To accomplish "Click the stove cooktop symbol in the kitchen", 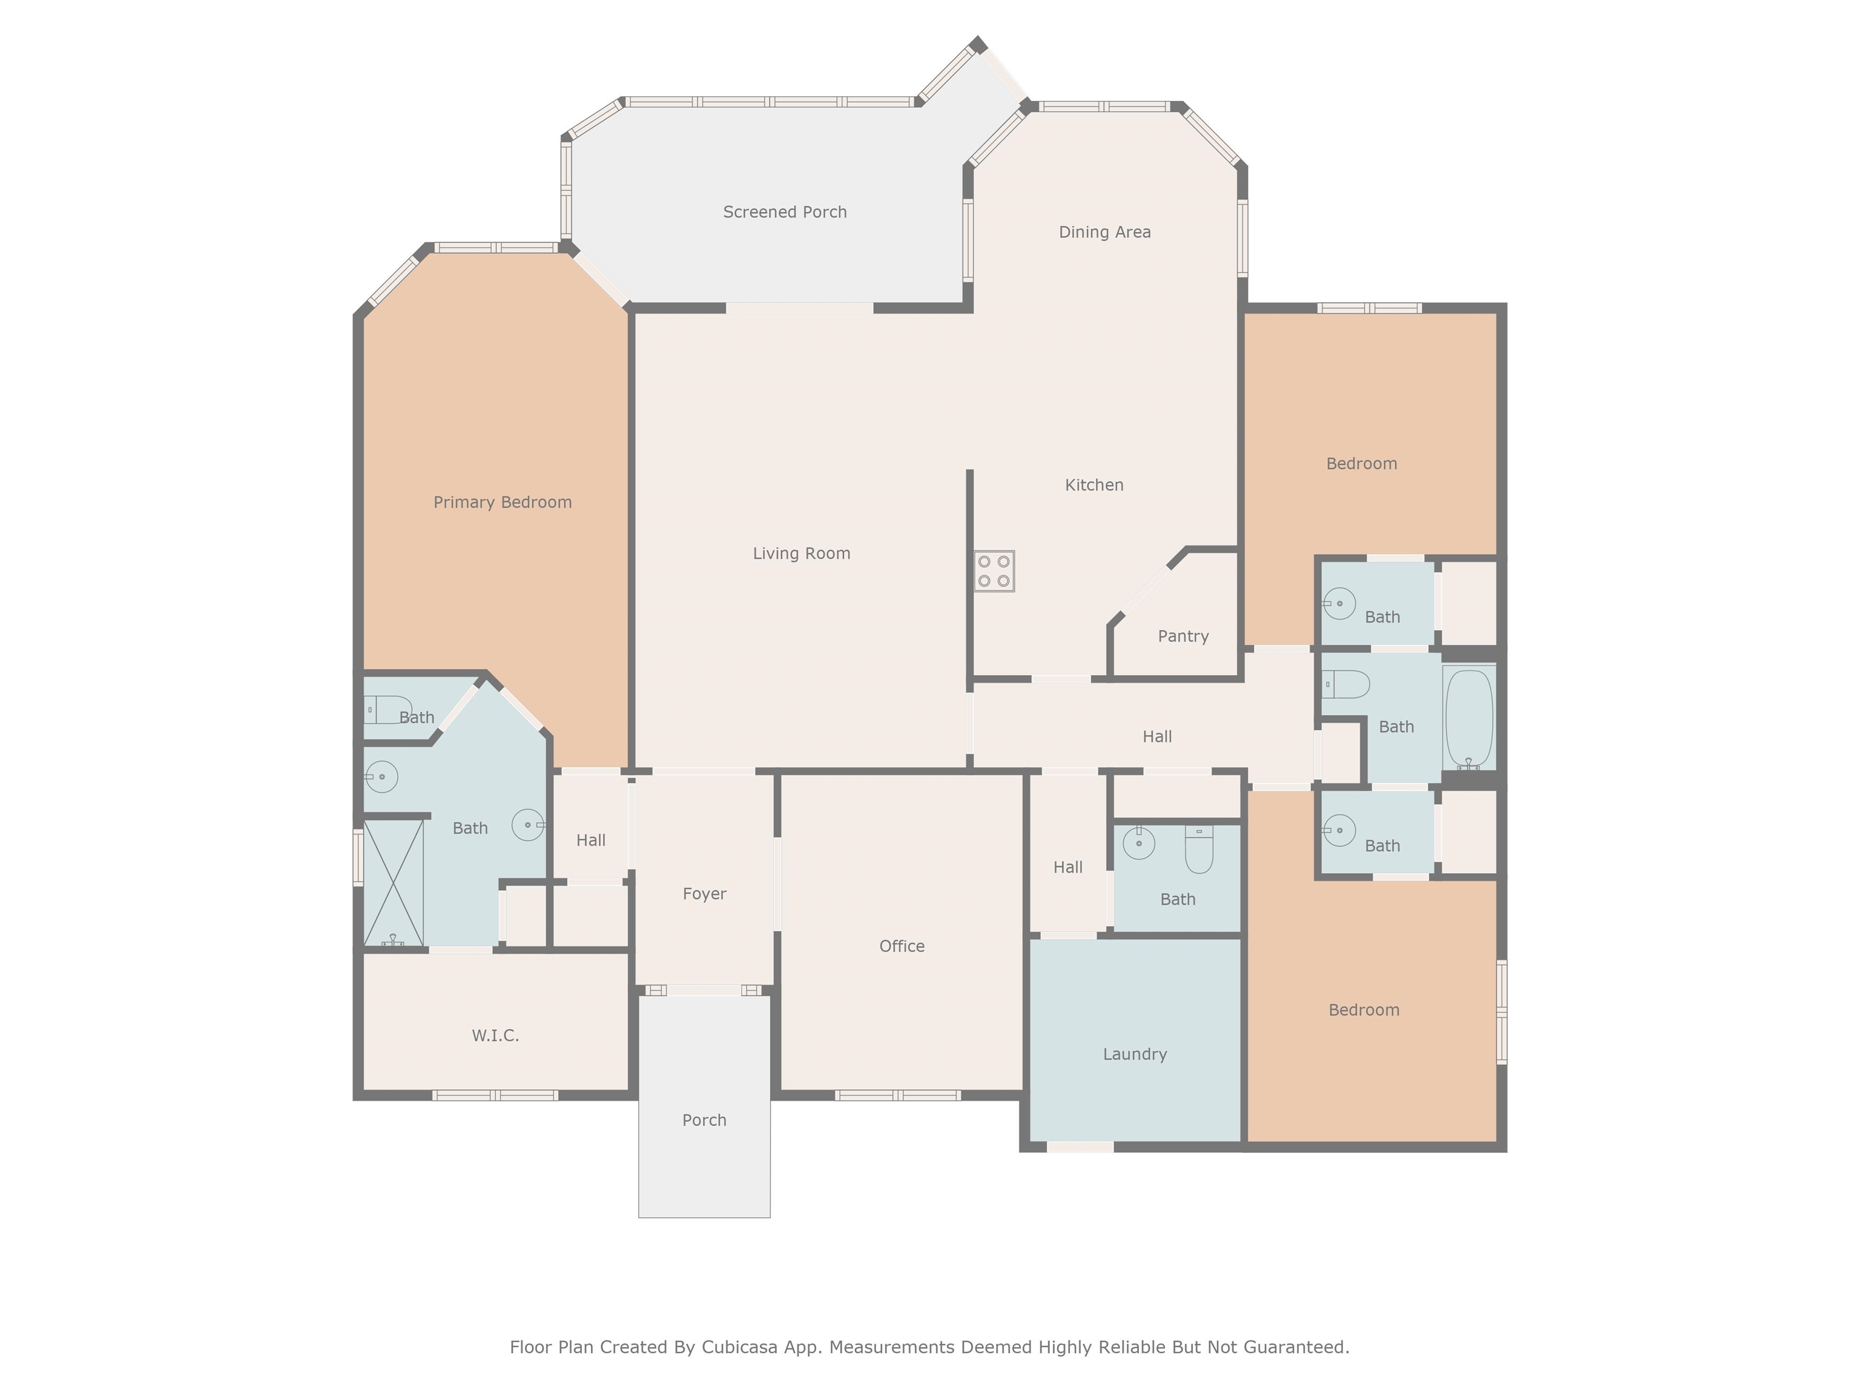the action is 995,571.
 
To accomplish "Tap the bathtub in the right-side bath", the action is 1469,719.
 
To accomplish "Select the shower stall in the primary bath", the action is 393,882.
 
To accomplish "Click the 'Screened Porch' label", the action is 785,212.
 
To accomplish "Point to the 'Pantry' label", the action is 1183,636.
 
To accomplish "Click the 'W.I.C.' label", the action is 495,1035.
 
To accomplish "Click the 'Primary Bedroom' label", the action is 503,502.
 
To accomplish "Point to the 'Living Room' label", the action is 802,553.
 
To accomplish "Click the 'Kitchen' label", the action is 1094,485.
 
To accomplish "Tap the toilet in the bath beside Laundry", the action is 1199,849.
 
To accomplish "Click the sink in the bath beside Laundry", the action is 1139,843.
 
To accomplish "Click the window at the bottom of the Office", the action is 898,1095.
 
